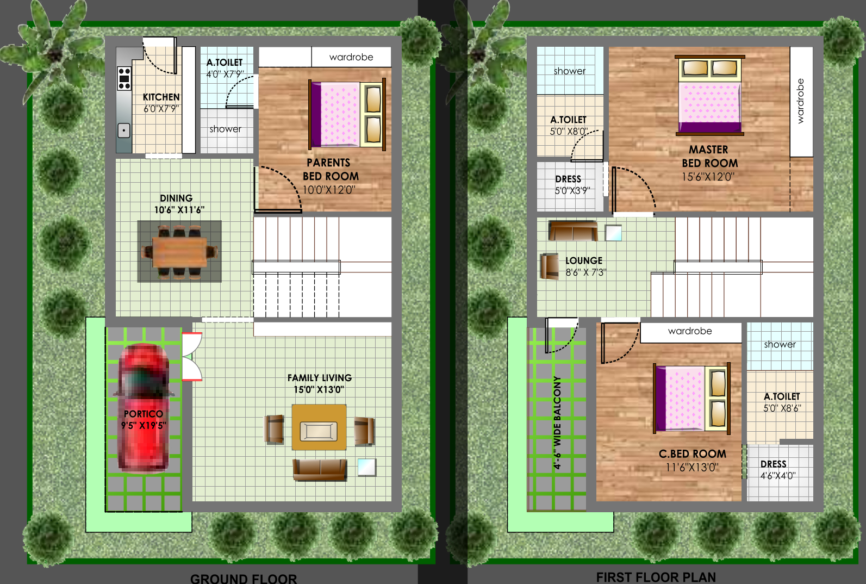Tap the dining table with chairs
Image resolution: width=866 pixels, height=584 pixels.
(x=179, y=252)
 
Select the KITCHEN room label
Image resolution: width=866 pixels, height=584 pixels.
(x=161, y=97)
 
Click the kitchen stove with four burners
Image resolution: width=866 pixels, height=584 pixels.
(x=124, y=78)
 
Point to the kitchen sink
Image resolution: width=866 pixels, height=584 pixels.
(x=124, y=131)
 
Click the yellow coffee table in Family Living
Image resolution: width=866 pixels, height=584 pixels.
(x=319, y=427)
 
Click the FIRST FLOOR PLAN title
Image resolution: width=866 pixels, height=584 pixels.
(x=656, y=577)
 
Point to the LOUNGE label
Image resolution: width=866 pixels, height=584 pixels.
(x=584, y=260)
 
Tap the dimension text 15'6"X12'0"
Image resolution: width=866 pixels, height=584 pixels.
(x=708, y=177)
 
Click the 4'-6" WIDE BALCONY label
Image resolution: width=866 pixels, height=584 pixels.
(x=557, y=423)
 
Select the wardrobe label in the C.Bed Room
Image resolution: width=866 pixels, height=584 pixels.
(x=690, y=331)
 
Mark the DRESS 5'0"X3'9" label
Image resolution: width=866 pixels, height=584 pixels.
(x=570, y=185)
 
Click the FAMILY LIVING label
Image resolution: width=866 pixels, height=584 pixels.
(x=319, y=377)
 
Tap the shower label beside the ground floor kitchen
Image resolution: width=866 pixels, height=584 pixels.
(x=226, y=129)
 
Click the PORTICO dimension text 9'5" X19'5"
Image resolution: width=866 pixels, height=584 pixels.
(x=144, y=425)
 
